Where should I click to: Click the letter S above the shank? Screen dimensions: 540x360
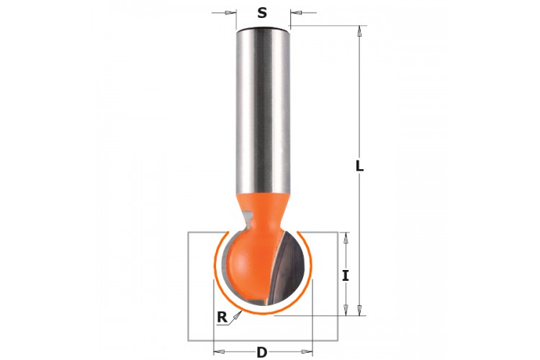pyautogui.click(x=262, y=13)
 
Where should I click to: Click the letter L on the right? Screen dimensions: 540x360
pyautogui.click(x=359, y=166)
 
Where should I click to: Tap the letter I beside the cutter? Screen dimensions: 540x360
pyautogui.click(x=346, y=276)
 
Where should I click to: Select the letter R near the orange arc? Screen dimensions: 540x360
pyautogui.click(x=222, y=317)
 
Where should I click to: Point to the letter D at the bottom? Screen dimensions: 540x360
pyautogui.click(x=262, y=352)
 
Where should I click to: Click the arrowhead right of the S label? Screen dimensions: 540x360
pyautogui.click(x=296, y=13)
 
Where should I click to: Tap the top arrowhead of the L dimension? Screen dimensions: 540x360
pyautogui.click(x=359, y=32)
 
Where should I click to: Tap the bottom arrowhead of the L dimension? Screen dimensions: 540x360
pyautogui.click(x=359, y=310)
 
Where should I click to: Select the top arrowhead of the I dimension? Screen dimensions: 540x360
pyautogui.click(x=346, y=238)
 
